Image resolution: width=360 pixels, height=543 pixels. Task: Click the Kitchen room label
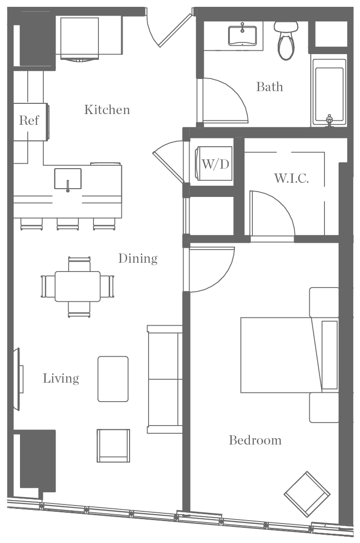[107, 110]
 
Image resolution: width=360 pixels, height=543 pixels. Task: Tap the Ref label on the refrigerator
[29, 120]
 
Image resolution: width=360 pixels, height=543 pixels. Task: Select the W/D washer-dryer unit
[215, 163]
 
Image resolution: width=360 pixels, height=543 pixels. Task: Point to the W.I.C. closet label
[291, 178]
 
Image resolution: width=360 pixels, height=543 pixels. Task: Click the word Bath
[269, 87]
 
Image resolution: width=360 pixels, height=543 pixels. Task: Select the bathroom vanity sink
[242, 35]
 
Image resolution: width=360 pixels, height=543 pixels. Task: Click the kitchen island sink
[68, 178]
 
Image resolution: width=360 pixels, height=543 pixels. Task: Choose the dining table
[78, 286]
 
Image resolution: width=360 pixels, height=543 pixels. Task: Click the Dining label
[138, 258]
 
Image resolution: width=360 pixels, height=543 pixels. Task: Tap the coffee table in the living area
[113, 379]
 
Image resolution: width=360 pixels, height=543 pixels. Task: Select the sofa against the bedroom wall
[165, 379]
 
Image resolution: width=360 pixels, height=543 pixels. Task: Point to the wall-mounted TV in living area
[19, 379]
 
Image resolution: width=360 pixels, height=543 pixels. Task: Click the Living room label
[61, 378]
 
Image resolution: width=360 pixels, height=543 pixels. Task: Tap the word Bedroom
[255, 440]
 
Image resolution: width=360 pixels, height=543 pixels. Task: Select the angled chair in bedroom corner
[307, 494]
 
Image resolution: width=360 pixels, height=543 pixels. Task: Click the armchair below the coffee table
[113, 445]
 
